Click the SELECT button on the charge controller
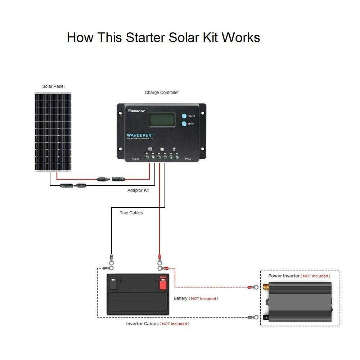click(184, 116)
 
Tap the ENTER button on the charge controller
click(184, 124)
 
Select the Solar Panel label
click(53, 86)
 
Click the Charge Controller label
click(162, 93)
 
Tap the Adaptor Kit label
click(138, 190)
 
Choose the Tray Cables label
click(131, 213)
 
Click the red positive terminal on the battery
click(163, 280)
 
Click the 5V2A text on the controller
click(188, 158)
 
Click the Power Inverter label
click(284, 276)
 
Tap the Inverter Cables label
click(142, 324)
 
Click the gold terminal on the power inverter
click(267, 287)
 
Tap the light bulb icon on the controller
click(174, 149)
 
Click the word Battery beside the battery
click(180, 298)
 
